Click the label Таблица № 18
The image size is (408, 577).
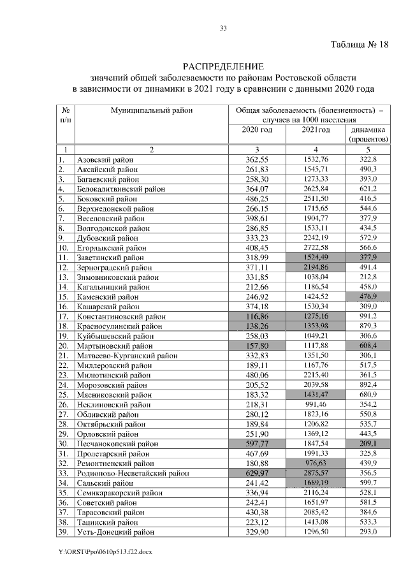[358, 45]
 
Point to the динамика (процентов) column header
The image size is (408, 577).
[368, 134]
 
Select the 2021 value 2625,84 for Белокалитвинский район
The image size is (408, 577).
[314, 189]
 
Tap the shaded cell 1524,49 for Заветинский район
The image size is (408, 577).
[314, 258]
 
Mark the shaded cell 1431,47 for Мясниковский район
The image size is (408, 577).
[314, 394]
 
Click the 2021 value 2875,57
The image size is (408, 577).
[314, 472]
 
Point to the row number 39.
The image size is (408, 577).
[62, 531]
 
